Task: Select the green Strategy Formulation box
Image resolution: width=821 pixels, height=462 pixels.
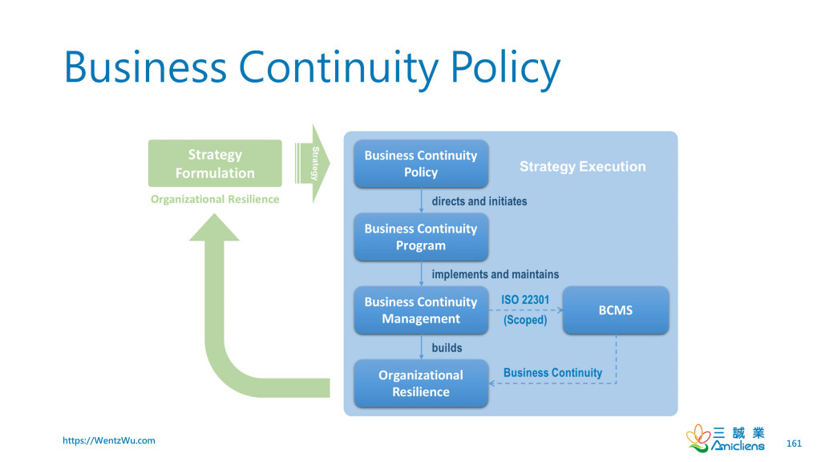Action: coord(215,164)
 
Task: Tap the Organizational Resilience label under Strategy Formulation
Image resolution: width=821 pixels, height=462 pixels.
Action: coord(215,199)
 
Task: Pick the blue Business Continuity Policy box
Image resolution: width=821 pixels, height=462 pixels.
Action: coord(421,164)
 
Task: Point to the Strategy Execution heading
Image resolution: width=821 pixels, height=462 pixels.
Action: coord(582,167)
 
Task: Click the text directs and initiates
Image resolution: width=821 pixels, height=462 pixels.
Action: coord(479,201)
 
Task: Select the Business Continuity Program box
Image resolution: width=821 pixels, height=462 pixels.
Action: coord(421,237)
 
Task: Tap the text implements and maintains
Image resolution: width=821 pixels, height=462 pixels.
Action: coord(495,274)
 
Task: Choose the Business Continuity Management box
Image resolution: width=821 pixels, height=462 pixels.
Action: coord(421,310)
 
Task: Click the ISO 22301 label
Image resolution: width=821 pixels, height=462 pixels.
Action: coord(525,300)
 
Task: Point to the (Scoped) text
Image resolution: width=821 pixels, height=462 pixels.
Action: coord(525,320)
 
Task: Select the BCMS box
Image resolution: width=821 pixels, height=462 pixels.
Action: coord(616,310)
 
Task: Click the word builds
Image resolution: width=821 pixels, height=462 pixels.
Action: coord(447,347)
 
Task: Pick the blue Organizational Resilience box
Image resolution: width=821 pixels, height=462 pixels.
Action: coord(421,383)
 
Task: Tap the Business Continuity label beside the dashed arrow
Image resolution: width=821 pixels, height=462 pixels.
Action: coord(552,373)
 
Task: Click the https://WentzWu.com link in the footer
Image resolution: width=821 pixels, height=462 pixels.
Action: coord(109,440)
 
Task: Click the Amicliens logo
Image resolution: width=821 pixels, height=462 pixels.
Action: coord(726,438)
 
